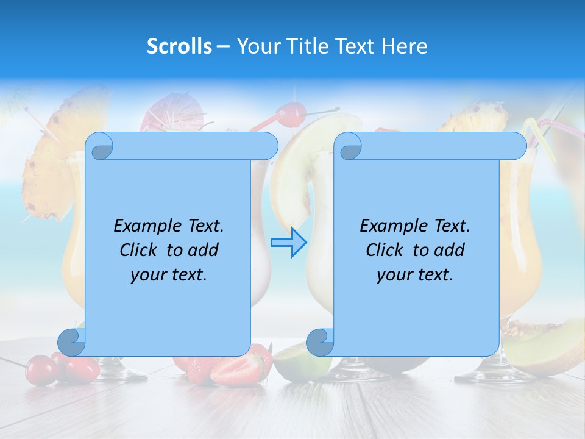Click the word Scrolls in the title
[x=179, y=46]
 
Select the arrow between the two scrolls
[x=288, y=243]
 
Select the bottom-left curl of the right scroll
[x=320, y=341]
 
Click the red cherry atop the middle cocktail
[x=292, y=112]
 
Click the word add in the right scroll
[x=450, y=250]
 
